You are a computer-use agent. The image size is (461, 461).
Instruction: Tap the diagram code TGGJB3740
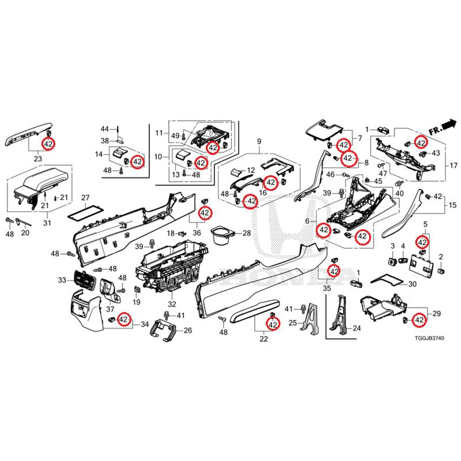[429, 338]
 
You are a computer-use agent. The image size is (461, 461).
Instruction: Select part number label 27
[85, 198]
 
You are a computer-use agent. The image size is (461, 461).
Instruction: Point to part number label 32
[172, 304]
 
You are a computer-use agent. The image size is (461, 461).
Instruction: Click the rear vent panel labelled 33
[84, 279]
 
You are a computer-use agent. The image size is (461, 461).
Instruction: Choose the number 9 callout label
[259, 141]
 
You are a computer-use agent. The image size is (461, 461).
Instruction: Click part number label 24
[357, 328]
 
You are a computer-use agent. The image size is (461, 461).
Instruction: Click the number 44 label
[105, 129]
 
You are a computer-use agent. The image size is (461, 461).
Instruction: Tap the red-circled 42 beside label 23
[48, 144]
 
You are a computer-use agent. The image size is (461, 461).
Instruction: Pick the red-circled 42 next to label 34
[123, 319]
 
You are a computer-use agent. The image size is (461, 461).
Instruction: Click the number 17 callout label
[454, 165]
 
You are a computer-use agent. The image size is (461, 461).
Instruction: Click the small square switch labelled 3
[392, 260]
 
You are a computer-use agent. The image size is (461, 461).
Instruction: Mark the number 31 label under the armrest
[47, 223]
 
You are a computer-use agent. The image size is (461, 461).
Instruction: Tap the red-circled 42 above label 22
[273, 324]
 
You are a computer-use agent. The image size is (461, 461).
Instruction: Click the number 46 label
[330, 175]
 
